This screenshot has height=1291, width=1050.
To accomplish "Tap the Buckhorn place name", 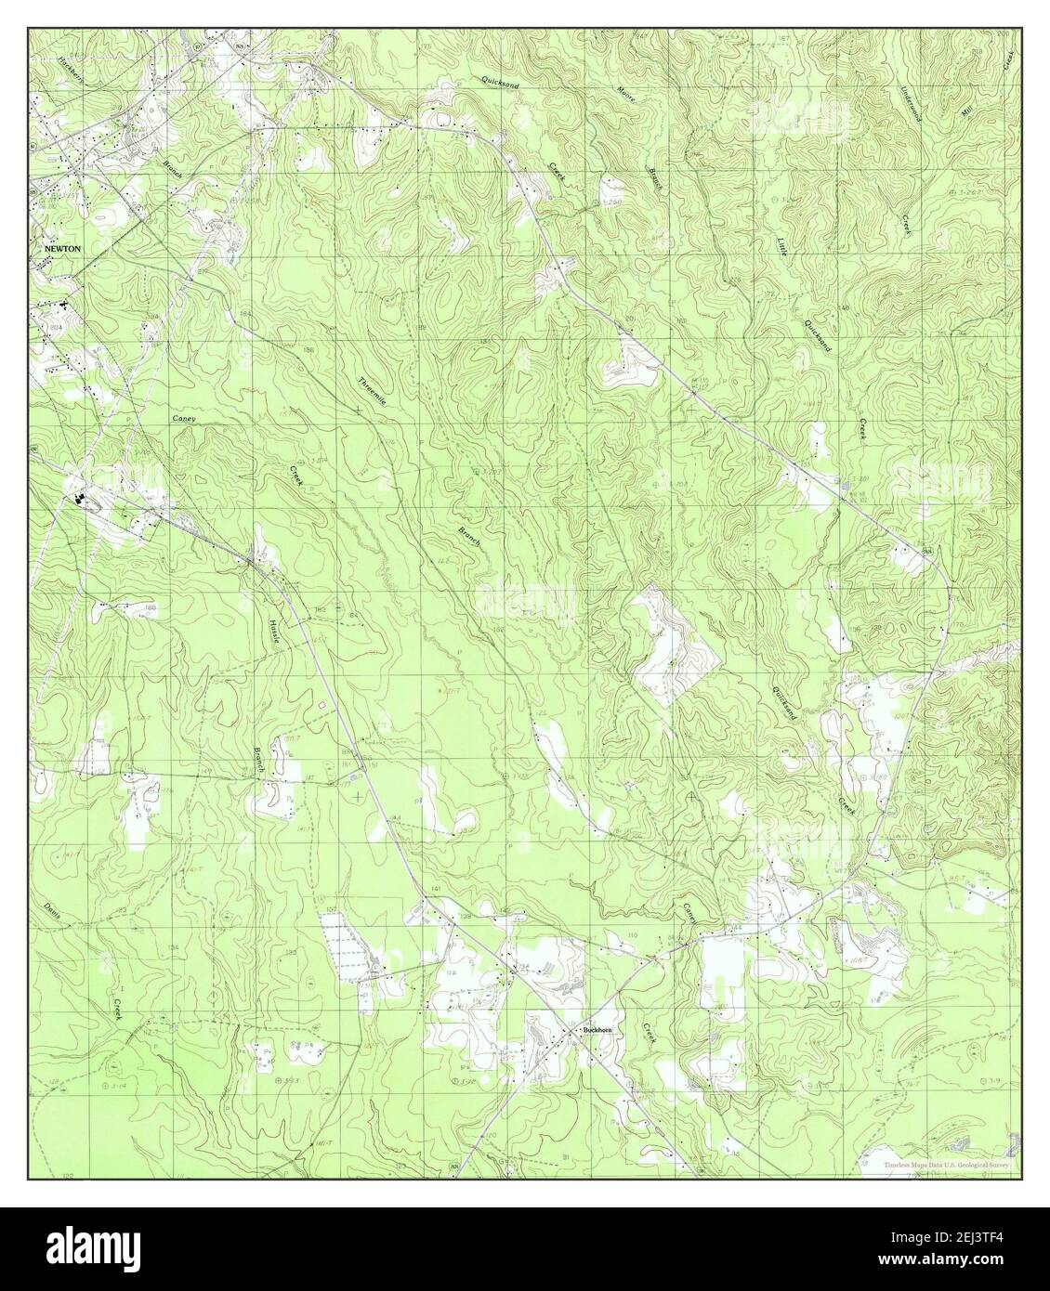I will click(595, 1030).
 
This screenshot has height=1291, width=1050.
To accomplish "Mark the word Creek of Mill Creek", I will click(1007, 59).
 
